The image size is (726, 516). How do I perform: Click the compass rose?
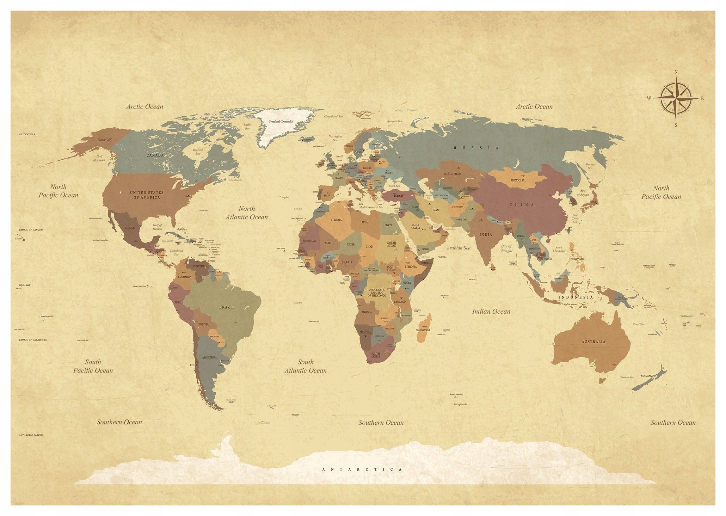coord(676,98)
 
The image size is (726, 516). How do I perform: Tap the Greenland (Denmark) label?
coord(281,122)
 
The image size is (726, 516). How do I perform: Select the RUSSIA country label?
coord(476,148)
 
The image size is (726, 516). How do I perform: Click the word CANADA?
coord(155,155)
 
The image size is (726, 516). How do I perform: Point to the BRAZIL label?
coord(227,307)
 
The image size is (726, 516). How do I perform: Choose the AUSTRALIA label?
coord(593,342)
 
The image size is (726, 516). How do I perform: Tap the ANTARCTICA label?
coord(362,469)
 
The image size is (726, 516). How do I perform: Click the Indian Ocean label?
coord(491,312)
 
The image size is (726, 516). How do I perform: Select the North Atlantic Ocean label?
coord(247,213)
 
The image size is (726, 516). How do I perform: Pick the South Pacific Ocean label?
coord(93,366)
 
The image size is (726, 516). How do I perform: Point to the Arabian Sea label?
coord(459,248)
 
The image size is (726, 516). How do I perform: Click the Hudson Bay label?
coord(198,152)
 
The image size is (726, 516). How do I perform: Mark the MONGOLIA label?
coord(517,180)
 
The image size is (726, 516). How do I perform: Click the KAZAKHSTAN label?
coord(452,174)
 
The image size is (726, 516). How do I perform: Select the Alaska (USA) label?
coord(105,140)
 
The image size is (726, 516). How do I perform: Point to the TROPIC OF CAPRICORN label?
coord(33,340)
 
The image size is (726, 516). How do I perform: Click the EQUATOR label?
coord(25,285)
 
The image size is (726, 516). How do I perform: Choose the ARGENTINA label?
coord(209,357)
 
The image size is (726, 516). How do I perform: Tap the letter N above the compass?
coord(676,72)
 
